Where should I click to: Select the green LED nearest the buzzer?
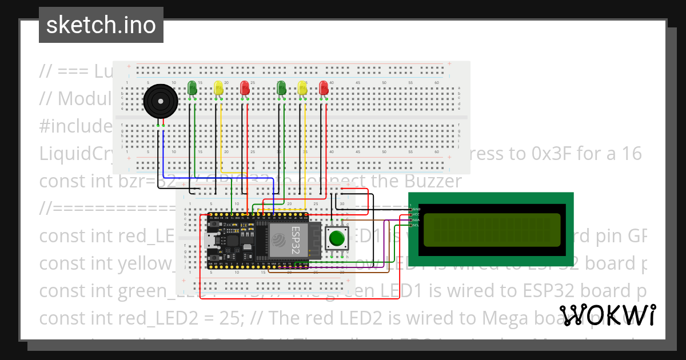(x=192, y=87)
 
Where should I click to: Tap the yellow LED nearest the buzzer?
(x=218, y=87)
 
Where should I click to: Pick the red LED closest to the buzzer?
(x=245, y=87)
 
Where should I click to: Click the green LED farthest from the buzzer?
(x=281, y=87)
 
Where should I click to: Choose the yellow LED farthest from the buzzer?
(x=303, y=87)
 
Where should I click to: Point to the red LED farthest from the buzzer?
(x=324, y=87)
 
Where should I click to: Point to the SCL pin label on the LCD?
(x=416, y=225)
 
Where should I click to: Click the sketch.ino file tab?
(x=101, y=25)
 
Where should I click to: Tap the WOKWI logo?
(x=607, y=315)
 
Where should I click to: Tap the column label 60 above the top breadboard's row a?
(x=436, y=83)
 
